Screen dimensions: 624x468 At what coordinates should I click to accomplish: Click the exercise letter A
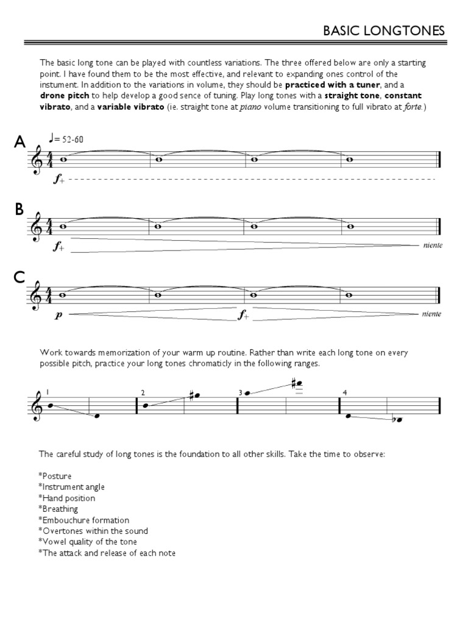pyautogui.click(x=20, y=143)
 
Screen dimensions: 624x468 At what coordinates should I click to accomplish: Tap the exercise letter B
pyautogui.click(x=19, y=210)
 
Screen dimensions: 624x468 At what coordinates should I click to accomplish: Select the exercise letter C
pyautogui.click(x=19, y=278)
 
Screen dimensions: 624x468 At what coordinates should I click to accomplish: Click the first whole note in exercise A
pyautogui.click(x=63, y=160)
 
